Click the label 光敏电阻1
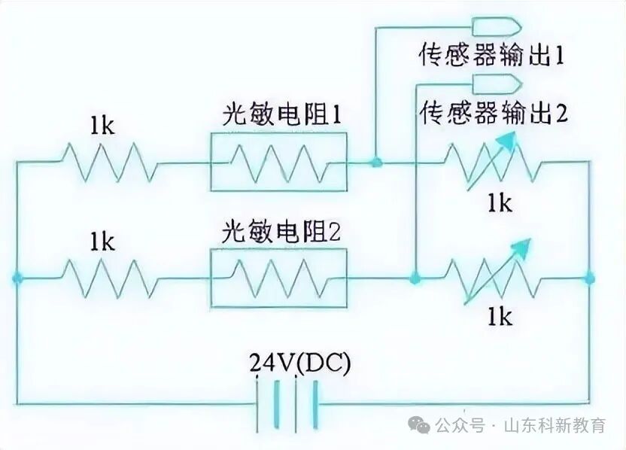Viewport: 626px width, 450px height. (x=282, y=115)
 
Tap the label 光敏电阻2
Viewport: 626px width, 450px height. (x=282, y=232)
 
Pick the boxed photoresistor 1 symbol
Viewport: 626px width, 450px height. (x=279, y=162)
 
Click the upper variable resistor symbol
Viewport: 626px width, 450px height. (x=494, y=160)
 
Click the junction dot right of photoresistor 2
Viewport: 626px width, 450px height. (x=415, y=278)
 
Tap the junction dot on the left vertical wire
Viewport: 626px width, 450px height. (x=17, y=278)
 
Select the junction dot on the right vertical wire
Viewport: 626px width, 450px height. (x=590, y=278)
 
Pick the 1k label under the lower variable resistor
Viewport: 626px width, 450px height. (x=498, y=318)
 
